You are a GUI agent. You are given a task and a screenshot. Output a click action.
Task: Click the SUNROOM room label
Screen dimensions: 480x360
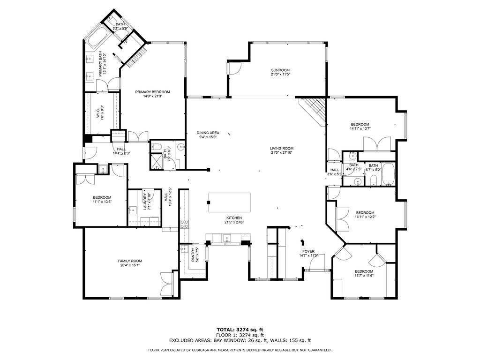click(280, 70)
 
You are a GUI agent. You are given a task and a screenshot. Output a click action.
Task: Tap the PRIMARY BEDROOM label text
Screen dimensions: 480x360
click(152, 92)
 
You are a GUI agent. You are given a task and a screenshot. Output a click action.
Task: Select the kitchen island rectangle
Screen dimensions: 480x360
click(229, 202)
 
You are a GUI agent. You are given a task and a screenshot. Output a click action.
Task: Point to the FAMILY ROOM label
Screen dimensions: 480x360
click(130, 261)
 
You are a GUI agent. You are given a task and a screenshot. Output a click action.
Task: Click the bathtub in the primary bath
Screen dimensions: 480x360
click(97, 38)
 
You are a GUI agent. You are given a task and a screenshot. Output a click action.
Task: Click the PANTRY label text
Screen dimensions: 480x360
click(193, 255)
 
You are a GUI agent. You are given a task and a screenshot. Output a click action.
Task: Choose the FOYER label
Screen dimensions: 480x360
click(308, 251)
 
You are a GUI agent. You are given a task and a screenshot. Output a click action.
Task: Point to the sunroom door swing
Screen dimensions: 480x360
click(234, 68)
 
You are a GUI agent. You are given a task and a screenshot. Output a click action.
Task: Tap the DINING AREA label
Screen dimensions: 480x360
click(208, 133)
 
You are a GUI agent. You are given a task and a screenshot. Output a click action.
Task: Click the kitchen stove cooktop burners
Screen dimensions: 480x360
click(184, 224)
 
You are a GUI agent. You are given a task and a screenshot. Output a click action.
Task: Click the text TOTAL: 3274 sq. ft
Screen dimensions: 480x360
click(240, 330)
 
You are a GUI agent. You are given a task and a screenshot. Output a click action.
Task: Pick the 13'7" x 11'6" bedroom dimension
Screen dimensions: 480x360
click(364, 275)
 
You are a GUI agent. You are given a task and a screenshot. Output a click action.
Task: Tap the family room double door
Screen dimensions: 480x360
click(167, 285)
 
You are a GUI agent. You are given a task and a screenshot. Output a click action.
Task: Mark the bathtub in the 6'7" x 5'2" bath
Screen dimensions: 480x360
click(388, 174)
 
